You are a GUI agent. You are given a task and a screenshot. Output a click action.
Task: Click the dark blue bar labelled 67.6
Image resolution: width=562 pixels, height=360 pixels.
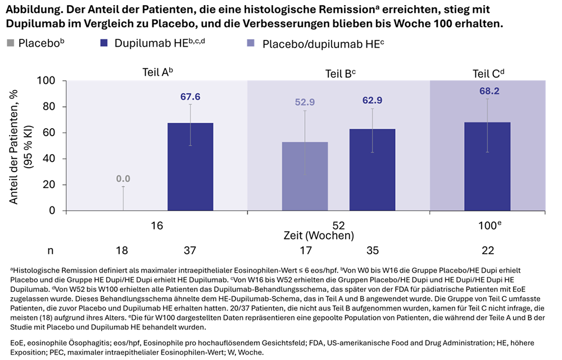pos(191,166)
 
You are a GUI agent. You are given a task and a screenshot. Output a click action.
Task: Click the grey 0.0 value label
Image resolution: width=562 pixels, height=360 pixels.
pos(123,179)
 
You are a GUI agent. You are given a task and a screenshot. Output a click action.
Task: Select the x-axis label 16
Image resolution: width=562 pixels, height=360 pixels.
pos(157,224)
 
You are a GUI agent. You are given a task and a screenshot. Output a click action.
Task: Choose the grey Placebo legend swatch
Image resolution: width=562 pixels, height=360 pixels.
pos(11,43)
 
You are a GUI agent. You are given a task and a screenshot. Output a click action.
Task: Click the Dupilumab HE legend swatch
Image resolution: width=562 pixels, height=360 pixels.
pos(105,43)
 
